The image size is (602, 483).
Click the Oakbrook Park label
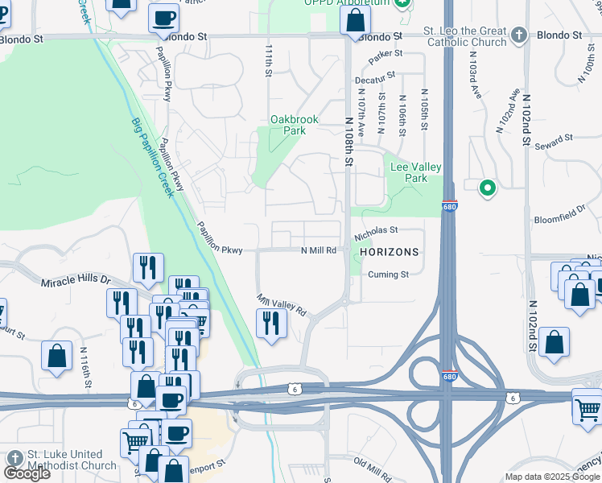294,125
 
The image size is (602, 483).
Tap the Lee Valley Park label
415,172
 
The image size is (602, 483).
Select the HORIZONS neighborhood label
390,252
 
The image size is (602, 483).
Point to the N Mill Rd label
319,250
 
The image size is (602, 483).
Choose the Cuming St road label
388,275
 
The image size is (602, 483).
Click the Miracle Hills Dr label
76,280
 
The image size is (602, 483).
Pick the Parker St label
385,56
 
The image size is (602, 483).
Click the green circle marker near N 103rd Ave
487,188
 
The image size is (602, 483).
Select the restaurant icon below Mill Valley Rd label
270,324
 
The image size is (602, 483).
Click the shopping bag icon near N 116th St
56,357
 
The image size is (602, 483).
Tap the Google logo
27,473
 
